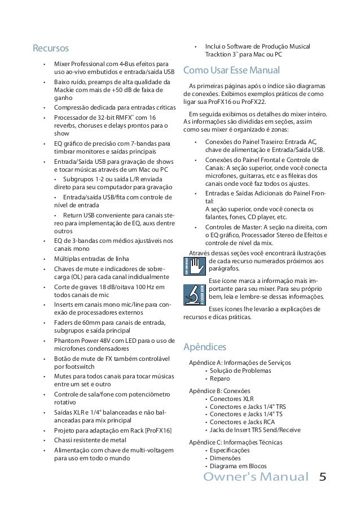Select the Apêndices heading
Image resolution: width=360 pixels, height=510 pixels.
click(x=207, y=346)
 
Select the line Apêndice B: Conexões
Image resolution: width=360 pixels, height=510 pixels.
click(x=219, y=390)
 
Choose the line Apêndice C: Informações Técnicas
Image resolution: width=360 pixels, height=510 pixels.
click(x=236, y=442)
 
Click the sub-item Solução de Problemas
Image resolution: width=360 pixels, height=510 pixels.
click(x=240, y=370)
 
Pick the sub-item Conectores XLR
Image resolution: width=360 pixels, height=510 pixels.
click(x=231, y=399)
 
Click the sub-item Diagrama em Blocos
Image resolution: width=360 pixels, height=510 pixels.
click(x=238, y=467)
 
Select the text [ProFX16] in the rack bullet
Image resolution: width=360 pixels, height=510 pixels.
click(x=158, y=430)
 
